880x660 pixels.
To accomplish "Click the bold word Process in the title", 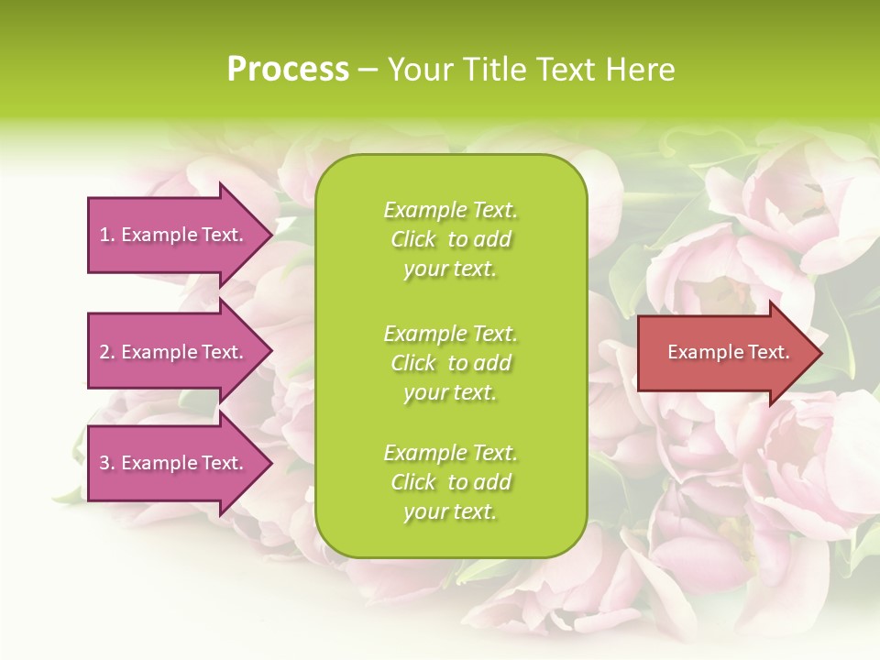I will pos(288,70).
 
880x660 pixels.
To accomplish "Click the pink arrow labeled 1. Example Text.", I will pos(174,235).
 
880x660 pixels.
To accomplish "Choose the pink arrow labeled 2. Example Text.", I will pos(174,352).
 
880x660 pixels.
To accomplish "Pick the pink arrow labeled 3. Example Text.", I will pos(174,463).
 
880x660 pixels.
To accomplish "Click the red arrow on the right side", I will pos(724,353).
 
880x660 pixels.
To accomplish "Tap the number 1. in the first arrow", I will pos(107,235).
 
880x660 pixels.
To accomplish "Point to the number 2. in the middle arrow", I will pos(107,352).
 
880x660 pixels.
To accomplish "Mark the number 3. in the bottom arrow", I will pos(107,463).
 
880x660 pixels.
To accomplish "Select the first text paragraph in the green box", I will pos(450,239).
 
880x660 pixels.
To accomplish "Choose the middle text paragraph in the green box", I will pos(450,362).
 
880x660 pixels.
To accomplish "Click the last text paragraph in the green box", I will pos(450,482).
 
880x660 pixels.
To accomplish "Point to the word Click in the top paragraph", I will pos(412,239).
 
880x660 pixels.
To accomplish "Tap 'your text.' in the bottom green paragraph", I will pos(450,512).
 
